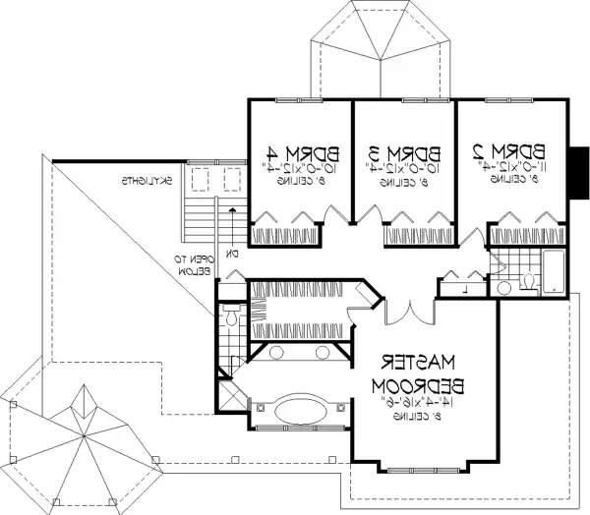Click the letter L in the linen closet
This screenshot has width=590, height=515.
462,289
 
